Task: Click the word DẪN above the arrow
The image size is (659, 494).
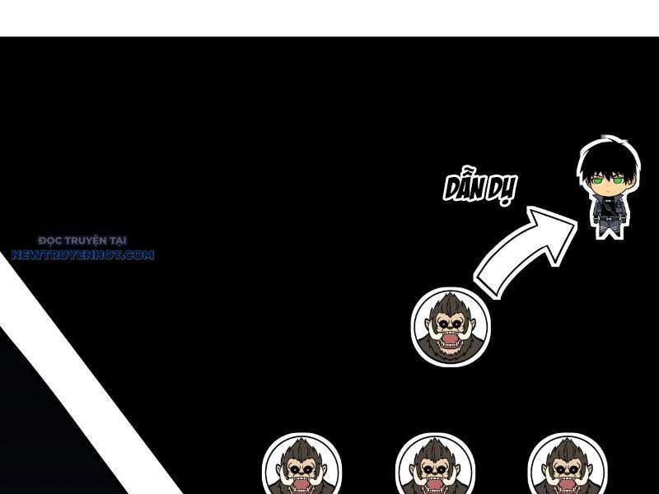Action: coord(465,188)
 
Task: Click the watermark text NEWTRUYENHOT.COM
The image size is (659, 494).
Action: coord(82,255)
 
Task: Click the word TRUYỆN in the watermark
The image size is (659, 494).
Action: coord(84,240)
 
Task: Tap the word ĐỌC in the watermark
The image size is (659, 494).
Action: coord(50,240)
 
